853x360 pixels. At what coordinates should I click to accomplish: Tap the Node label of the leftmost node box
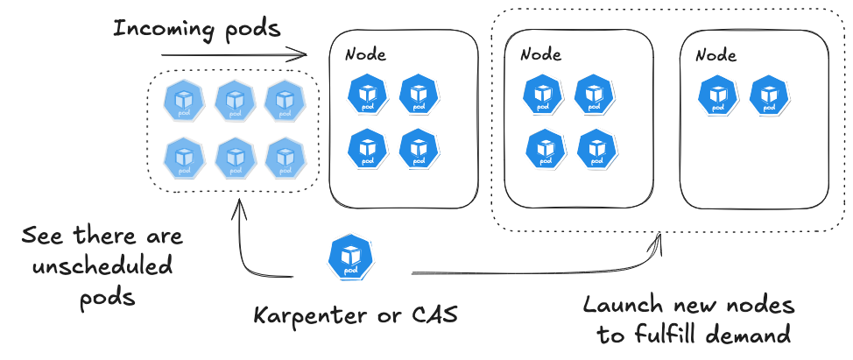click(365, 54)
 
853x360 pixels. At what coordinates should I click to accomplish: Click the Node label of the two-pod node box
click(716, 54)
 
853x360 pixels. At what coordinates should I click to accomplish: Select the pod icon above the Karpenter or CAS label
click(349, 258)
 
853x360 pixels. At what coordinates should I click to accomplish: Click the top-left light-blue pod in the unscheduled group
click(184, 102)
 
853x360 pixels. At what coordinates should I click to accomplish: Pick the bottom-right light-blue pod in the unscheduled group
click(284, 158)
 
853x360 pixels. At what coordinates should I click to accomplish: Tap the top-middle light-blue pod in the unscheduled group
click(234, 102)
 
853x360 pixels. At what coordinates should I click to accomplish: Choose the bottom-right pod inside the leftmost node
click(419, 150)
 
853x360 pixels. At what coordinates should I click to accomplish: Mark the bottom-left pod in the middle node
click(546, 150)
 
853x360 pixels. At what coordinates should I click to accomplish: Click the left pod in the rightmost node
click(718, 95)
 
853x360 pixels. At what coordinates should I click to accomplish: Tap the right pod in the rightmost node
click(769, 95)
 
